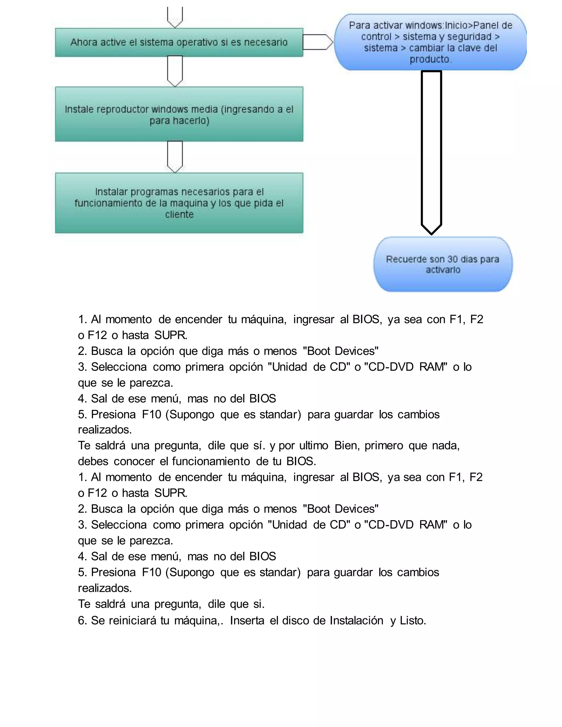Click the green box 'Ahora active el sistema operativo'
tap(179, 42)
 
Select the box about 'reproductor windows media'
tap(179, 114)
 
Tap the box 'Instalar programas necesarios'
tap(179, 203)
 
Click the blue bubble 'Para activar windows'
tap(430, 42)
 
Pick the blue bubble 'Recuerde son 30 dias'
tap(443, 264)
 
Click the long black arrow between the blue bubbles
tap(431, 150)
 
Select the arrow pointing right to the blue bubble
tap(317, 42)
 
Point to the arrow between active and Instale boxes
tap(175, 71)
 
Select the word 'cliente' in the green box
tap(179, 214)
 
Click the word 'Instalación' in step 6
tap(356, 621)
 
